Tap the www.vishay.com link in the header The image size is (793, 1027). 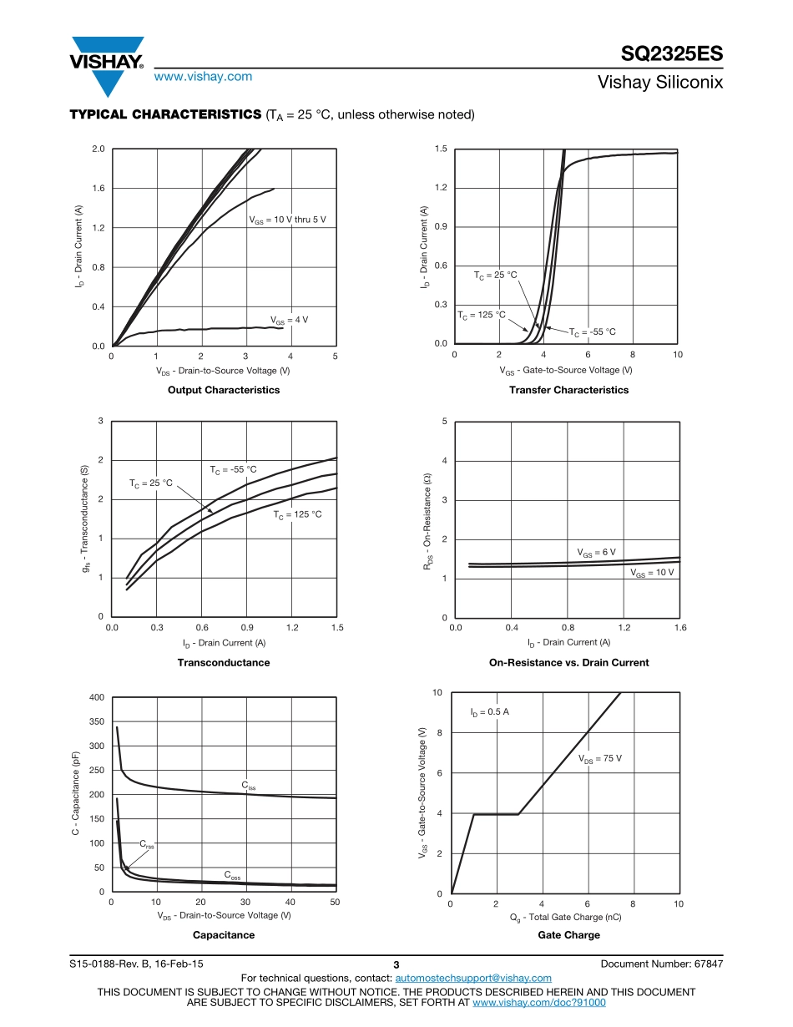[203, 76]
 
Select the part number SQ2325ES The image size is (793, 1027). [671, 55]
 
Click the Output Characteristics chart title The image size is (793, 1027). [224, 390]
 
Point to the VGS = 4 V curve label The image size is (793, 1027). [290, 320]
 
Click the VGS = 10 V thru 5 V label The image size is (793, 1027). [287, 220]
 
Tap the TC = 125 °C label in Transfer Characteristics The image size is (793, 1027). [482, 315]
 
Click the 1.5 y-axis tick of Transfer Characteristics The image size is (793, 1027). [441, 149]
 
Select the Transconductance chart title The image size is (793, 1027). [224, 662]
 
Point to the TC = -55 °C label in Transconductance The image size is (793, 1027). [233, 470]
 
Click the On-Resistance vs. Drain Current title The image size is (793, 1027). [568, 662]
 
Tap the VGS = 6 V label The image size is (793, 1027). [596, 553]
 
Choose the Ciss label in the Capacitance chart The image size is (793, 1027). [249, 786]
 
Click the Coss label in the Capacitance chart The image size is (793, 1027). [232, 875]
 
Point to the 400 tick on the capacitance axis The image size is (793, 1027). [97, 697]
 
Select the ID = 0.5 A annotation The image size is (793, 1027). [489, 712]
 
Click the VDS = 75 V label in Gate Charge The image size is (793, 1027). [600, 758]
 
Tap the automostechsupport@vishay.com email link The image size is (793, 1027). [473, 978]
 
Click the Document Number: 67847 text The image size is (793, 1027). [661, 964]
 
